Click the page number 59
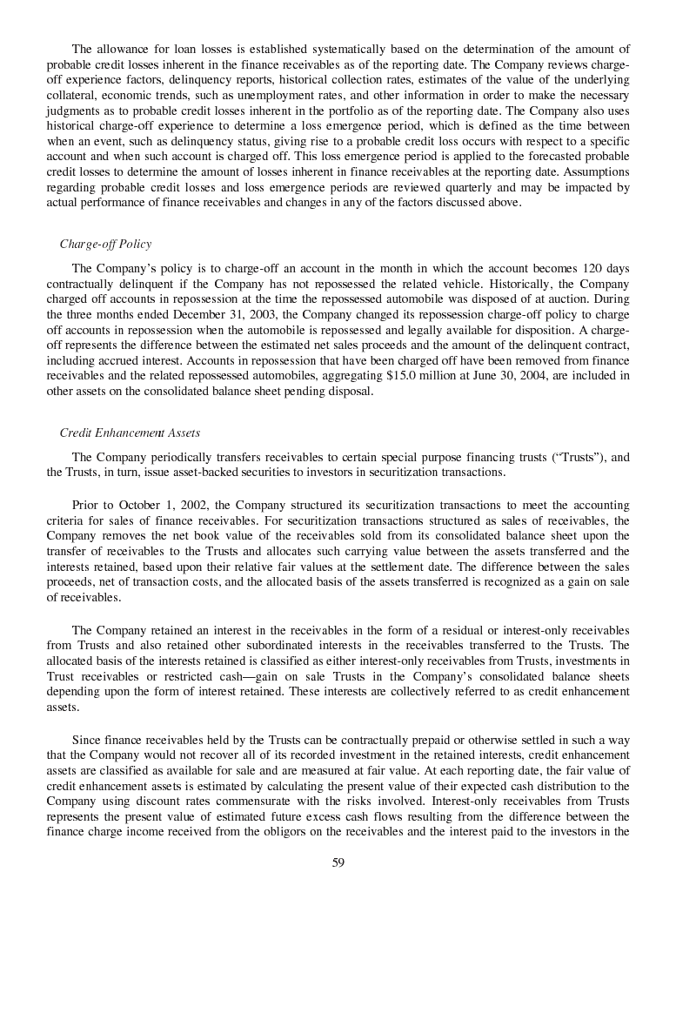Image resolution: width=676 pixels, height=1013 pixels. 338,862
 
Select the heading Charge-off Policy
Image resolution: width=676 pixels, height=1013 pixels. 105,244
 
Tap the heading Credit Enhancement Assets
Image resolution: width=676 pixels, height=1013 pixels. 130,433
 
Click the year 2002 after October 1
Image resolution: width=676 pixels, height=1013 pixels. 192,505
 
